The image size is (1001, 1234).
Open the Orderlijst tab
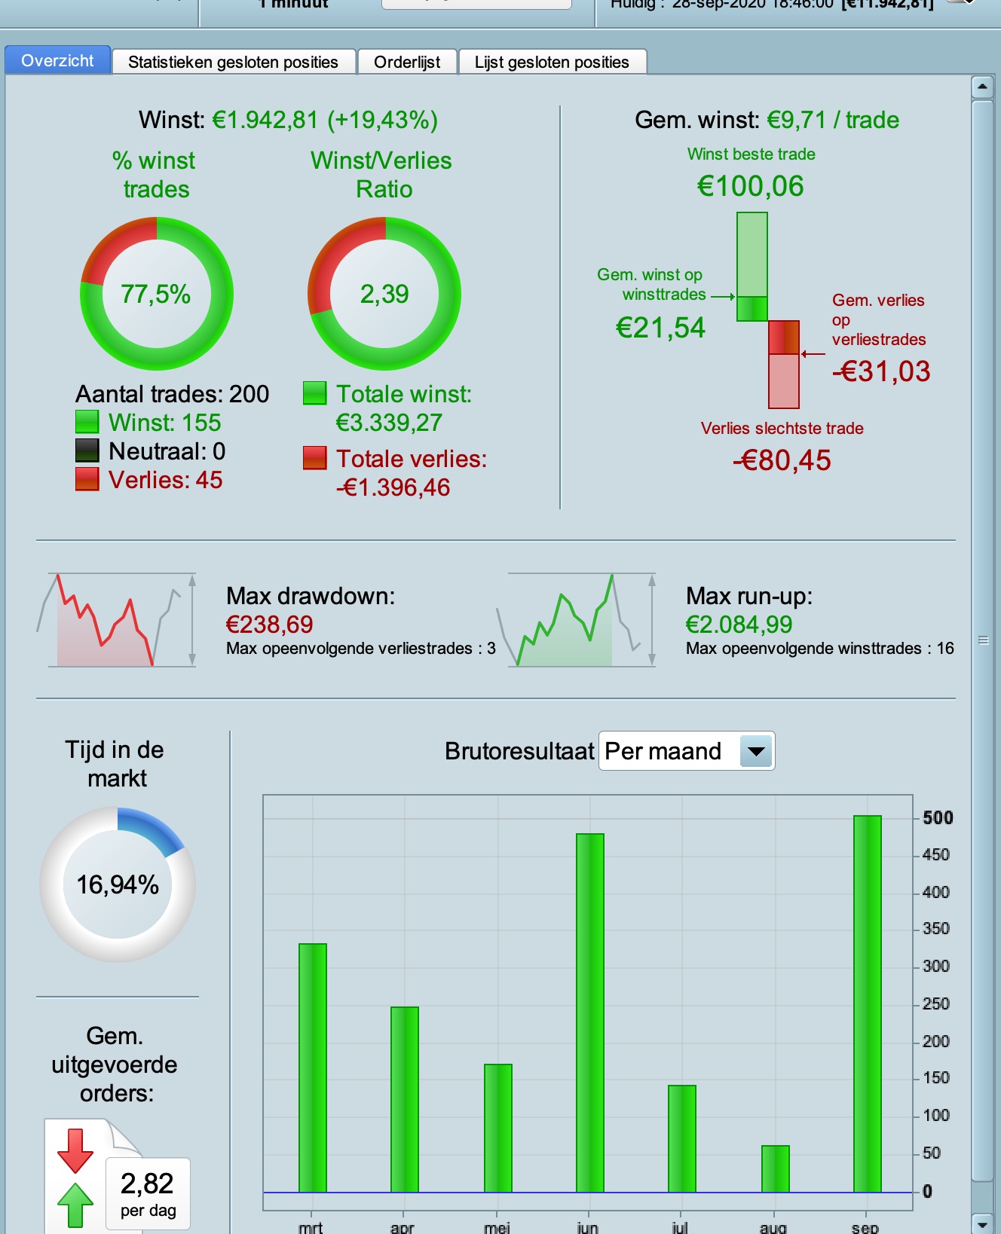(x=407, y=62)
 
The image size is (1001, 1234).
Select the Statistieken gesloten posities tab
(x=233, y=62)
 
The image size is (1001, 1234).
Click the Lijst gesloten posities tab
(x=552, y=62)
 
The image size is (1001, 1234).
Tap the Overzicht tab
(x=57, y=60)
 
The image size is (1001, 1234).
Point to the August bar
(x=775, y=1168)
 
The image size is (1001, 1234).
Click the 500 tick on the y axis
(x=938, y=817)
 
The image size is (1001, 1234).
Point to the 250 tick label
(x=935, y=1003)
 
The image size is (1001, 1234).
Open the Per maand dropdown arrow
(x=756, y=751)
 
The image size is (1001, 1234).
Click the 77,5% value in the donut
(x=156, y=294)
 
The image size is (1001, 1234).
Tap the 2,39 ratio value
(x=384, y=294)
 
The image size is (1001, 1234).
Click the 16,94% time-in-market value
(x=118, y=884)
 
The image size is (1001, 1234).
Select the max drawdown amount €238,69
(x=269, y=625)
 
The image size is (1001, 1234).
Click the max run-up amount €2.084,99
(x=739, y=625)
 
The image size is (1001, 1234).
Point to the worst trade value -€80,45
(x=782, y=460)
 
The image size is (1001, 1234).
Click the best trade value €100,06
(x=751, y=186)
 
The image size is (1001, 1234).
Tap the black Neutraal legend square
(x=87, y=451)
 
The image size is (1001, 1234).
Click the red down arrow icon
(x=75, y=1150)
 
